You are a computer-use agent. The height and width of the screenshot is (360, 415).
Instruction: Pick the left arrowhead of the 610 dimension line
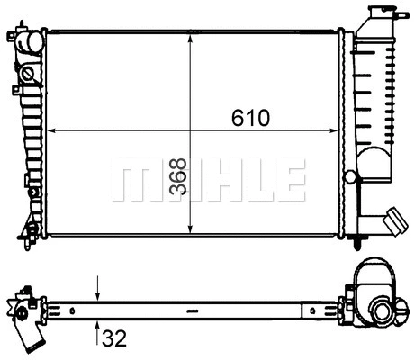[x=52, y=131]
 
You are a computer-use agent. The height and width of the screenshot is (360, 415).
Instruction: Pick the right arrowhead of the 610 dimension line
[x=335, y=131]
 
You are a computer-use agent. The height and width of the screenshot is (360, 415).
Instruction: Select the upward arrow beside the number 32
[x=98, y=326]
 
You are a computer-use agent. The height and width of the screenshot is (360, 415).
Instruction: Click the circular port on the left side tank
[x=28, y=73]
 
